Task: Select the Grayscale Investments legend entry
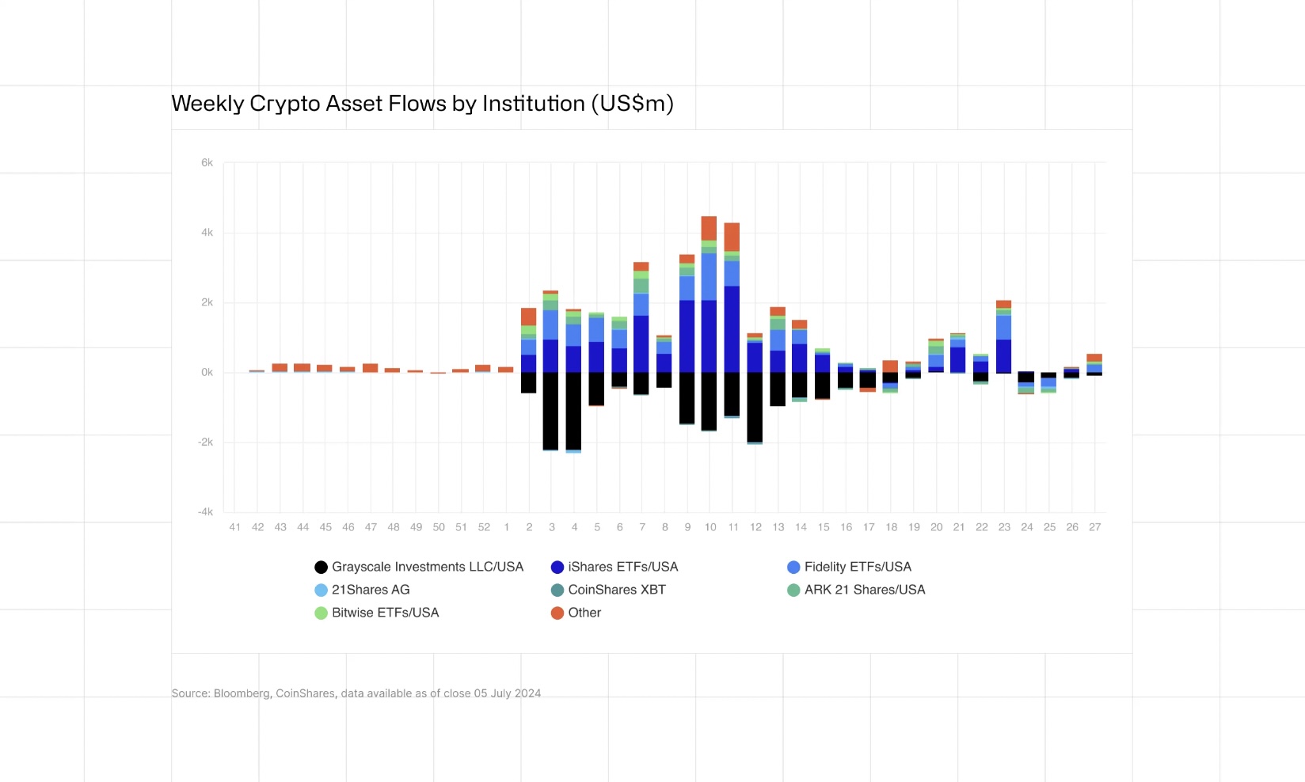[419, 568]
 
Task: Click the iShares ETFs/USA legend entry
[614, 568]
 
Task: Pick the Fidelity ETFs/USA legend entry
[850, 568]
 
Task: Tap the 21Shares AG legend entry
[362, 590]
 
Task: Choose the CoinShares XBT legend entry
[608, 590]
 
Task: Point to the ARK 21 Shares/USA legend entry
[856, 590]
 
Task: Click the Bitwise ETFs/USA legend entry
[376, 613]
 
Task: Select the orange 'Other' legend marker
[557, 613]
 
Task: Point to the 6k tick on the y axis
[207, 163]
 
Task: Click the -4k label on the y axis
[205, 512]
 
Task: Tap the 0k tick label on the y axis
[207, 373]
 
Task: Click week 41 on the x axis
[234, 528]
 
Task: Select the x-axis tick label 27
[1094, 528]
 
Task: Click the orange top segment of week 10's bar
[709, 228]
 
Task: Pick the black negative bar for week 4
[574, 411]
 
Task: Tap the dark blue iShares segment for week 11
[732, 329]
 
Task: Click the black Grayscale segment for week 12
[755, 408]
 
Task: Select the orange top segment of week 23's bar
[1004, 305]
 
